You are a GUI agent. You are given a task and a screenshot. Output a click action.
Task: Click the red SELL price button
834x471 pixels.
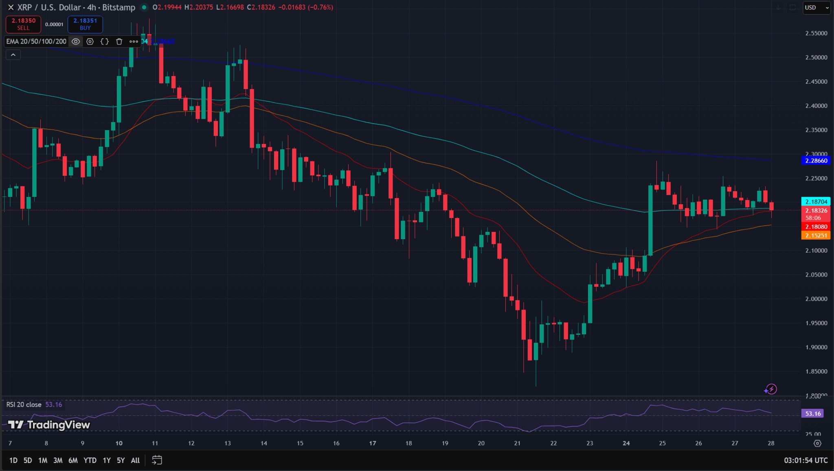tap(23, 24)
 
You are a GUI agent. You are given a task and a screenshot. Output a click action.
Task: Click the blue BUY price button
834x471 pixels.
tap(85, 24)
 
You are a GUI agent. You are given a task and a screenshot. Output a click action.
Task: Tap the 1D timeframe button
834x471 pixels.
tap(13, 460)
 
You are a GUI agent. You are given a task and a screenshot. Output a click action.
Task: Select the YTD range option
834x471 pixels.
tap(90, 460)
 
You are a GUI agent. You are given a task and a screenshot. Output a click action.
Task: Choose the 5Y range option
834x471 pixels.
tap(121, 460)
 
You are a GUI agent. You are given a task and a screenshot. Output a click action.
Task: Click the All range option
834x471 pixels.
tap(135, 460)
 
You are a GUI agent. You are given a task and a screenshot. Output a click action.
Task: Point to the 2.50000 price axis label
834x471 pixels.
tap(816, 57)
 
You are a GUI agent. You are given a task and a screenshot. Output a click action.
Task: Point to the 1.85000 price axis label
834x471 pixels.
tap(816, 371)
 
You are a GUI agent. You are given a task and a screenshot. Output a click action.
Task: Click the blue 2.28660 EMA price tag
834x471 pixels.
tap(816, 161)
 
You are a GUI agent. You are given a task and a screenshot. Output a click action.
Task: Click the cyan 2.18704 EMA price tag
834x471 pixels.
tap(816, 202)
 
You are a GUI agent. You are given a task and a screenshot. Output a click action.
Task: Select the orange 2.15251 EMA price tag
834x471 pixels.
tap(816, 235)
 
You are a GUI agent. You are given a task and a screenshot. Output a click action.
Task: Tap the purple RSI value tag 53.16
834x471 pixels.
tap(812, 414)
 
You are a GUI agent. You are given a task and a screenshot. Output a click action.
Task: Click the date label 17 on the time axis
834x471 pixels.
tap(372, 443)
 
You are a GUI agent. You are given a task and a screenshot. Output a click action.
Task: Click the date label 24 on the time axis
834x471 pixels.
tap(626, 443)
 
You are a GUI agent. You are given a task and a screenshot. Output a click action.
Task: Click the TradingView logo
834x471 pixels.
tap(49, 425)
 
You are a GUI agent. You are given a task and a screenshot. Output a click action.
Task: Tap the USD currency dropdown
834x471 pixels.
tap(816, 7)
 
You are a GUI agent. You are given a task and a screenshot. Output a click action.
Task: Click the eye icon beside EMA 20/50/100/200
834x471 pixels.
tap(76, 41)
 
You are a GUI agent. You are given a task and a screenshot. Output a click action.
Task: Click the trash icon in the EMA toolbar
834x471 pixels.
tap(119, 41)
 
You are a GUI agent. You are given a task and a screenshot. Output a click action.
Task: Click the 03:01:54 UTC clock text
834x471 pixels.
tap(805, 460)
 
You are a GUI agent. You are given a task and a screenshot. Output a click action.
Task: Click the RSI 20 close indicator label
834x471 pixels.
tap(24, 405)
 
